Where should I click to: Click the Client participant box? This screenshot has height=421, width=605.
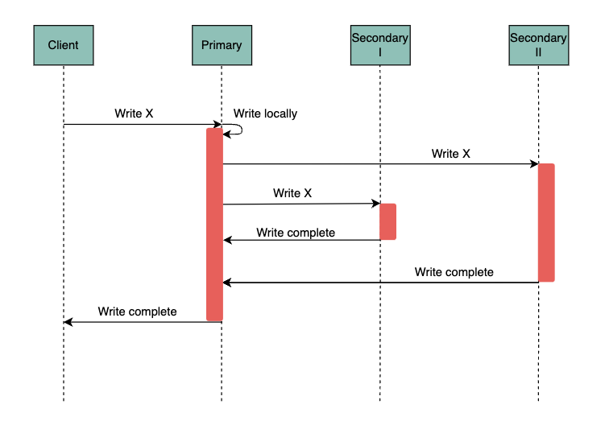pos(63,45)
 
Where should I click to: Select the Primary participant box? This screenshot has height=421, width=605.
pos(222,45)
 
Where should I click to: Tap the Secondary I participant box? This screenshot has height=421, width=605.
pos(379,45)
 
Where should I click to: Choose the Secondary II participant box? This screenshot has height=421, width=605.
pos(538,45)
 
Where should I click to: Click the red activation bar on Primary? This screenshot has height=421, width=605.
pos(214,225)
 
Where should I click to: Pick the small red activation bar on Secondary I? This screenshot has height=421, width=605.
pos(387,221)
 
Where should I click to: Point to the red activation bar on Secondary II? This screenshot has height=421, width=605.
pos(546,223)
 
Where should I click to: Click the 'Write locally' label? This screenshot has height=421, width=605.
pos(265,114)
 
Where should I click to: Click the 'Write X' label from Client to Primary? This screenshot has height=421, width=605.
pos(134,114)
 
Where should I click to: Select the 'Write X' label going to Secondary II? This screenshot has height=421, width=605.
pos(450,153)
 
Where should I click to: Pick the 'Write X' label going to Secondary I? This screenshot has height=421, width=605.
pos(292,193)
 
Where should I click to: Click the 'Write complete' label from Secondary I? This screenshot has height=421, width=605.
pos(296,233)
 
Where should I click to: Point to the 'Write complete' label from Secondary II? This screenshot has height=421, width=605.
pos(454,272)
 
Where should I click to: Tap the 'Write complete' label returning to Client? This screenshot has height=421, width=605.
pos(137,311)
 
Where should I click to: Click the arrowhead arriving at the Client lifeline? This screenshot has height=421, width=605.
pos(68,322)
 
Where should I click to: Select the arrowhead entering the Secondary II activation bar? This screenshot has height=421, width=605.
pos(533,164)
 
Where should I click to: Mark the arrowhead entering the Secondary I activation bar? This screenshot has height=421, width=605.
pos(375,204)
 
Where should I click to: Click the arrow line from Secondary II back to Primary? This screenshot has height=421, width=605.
pos(379,283)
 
